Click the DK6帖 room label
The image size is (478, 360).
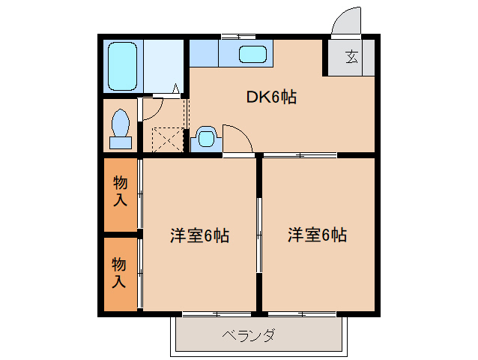coord(270,97)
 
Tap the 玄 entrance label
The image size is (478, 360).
coord(351,56)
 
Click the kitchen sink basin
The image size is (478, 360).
coord(252,55)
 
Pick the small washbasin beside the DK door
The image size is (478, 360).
coord(206,138)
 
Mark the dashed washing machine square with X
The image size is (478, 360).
coord(167,139)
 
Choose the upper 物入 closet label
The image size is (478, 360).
coord(120,190)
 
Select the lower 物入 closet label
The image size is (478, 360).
coord(120,272)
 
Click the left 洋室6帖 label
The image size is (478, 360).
coord(199,235)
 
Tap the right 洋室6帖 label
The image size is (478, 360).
coord(317,235)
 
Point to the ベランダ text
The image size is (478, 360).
coord(249,335)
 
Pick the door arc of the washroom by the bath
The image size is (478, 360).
coord(153,107)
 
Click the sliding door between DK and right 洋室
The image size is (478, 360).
coord(300,155)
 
